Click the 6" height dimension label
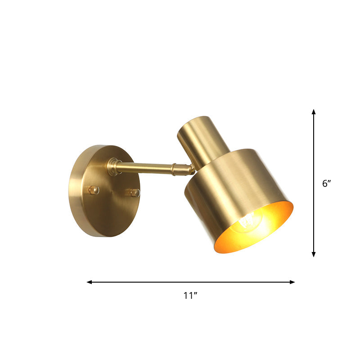327,184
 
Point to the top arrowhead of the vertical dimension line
314,111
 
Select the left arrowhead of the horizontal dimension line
89,282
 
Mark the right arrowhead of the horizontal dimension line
292,282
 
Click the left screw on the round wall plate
93,190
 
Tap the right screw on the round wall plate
134,193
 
